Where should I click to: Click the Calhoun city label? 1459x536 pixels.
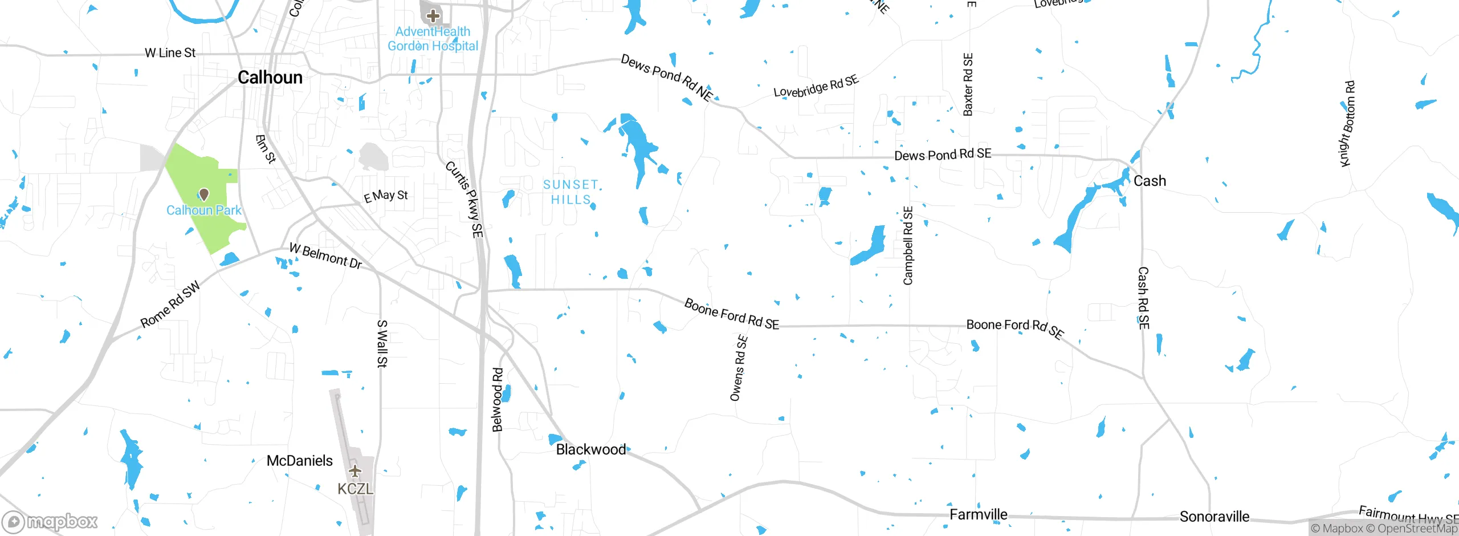point(270,78)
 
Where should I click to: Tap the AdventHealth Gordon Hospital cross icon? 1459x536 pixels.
point(433,15)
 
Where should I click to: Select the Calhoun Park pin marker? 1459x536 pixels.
point(204,195)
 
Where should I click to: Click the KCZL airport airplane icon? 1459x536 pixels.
point(355,471)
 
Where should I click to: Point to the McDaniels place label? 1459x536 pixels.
point(299,461)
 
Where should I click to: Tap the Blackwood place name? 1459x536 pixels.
point(590,449)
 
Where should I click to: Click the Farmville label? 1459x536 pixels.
point(978,515)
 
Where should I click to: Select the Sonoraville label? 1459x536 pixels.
point(1214,517)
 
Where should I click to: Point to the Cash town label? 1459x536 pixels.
point(1150,181)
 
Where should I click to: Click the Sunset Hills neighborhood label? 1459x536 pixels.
point(571,192)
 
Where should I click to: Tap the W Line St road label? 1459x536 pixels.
point(170,53)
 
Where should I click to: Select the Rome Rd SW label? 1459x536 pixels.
point(170,304)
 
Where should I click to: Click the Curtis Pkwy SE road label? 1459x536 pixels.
point(464,200)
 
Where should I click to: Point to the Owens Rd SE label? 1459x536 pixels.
point(739,368)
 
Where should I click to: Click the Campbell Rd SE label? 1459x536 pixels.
point(908,246)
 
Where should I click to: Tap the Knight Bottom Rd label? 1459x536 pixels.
point(1347,124)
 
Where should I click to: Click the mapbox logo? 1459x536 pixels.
point(50,521)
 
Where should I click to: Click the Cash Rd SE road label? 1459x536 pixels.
point(1143,298)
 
